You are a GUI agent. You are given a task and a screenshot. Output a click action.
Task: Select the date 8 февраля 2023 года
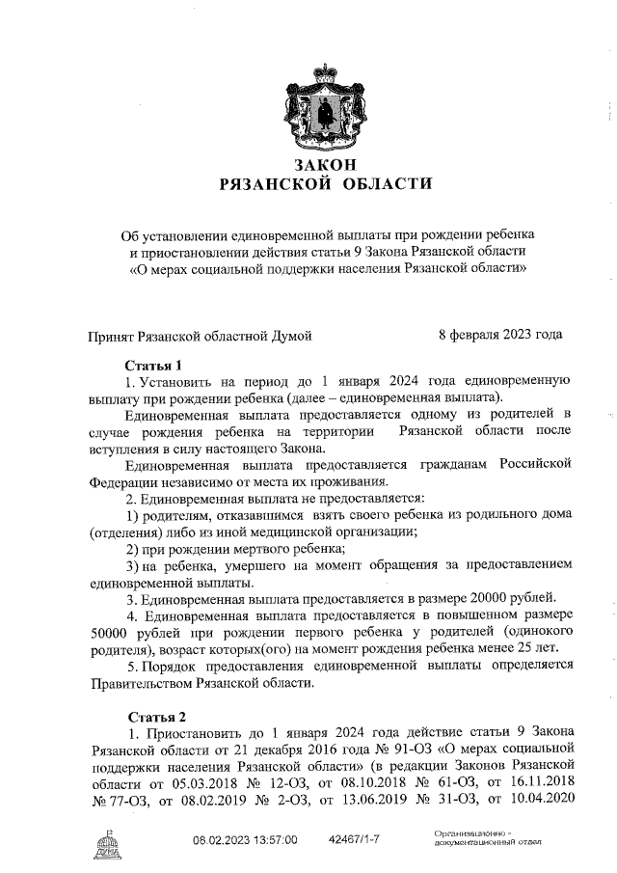pyautogui.click(x=500, y=335)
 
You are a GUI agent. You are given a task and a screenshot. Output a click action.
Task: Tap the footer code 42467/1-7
pyautogui.click(x=355, y=841)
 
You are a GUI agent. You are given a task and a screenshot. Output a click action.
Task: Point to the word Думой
pyautogui.click(x=286, y=335)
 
